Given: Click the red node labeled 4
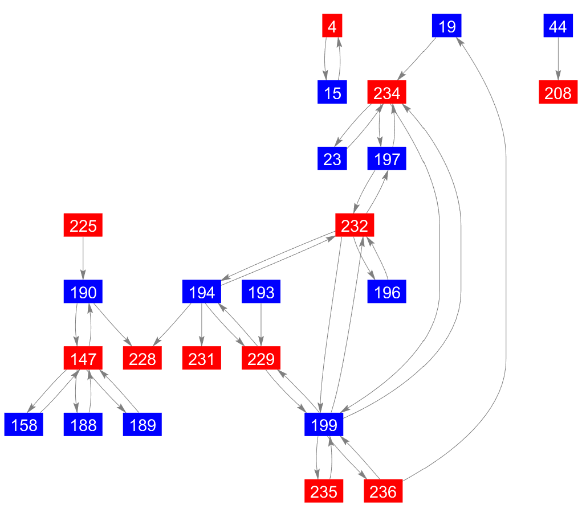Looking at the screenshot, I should tap(332, 27).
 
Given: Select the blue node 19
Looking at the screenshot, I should tap(447, 27).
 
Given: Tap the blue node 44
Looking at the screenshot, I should tap(557, 27).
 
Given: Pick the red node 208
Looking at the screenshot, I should tap(557, 93).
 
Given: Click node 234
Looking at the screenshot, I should tap(387, 93).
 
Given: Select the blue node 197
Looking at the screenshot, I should tap(387, 159).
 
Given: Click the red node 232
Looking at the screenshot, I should tap(355, 226).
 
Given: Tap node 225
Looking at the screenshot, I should tap(83, 226).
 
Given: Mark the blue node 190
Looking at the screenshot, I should tap(83, 293).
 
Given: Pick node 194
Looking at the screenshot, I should tap(202, 293).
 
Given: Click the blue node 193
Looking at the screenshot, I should tap(262, 293).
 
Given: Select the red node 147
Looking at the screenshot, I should tap(83, 359).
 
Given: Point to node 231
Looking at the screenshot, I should tap(202, 359).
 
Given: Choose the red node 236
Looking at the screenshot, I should tap(383, 491).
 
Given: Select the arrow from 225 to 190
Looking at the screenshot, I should tap(83, 259).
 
